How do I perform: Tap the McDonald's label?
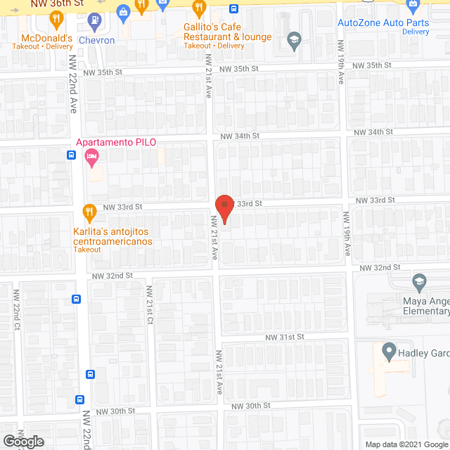[42, 37]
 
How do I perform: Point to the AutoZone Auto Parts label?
[383, 22]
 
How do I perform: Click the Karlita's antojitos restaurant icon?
[89, 211]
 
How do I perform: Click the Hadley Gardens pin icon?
[388, 349]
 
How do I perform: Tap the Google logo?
[22, 441]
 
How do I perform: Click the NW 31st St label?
[284, 337]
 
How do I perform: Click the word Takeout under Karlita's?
[87, 250]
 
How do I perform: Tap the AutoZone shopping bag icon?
[412, 7]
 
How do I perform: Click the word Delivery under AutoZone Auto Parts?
[415, 32]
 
